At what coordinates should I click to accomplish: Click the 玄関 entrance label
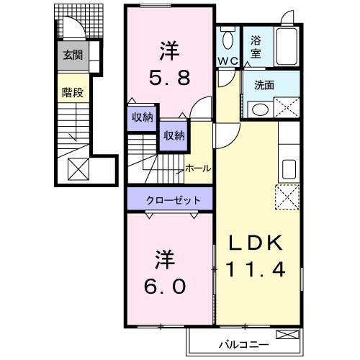coord(70,55)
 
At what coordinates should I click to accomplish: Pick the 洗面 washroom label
coord(263,85)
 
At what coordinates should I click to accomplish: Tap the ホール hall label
coord(198,168)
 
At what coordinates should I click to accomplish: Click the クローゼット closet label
coord(170,199)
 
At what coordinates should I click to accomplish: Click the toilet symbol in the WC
coord(228,38)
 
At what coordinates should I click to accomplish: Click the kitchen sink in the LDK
coord(289,170)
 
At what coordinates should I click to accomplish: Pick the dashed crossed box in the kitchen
coord(287,197)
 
